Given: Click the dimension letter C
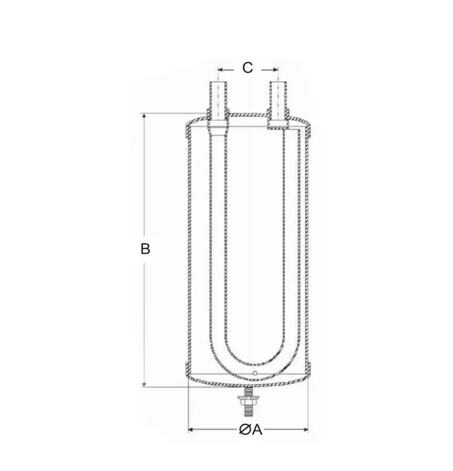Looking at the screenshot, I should [x=247, y=67].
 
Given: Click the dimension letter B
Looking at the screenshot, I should [x=145, y=249].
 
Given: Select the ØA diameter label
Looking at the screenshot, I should [x=251, y=430].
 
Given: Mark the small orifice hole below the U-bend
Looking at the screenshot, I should [x=255, y=374].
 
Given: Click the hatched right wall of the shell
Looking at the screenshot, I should [x=308, y=249].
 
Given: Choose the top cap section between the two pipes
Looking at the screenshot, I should [x=248, y=115].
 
